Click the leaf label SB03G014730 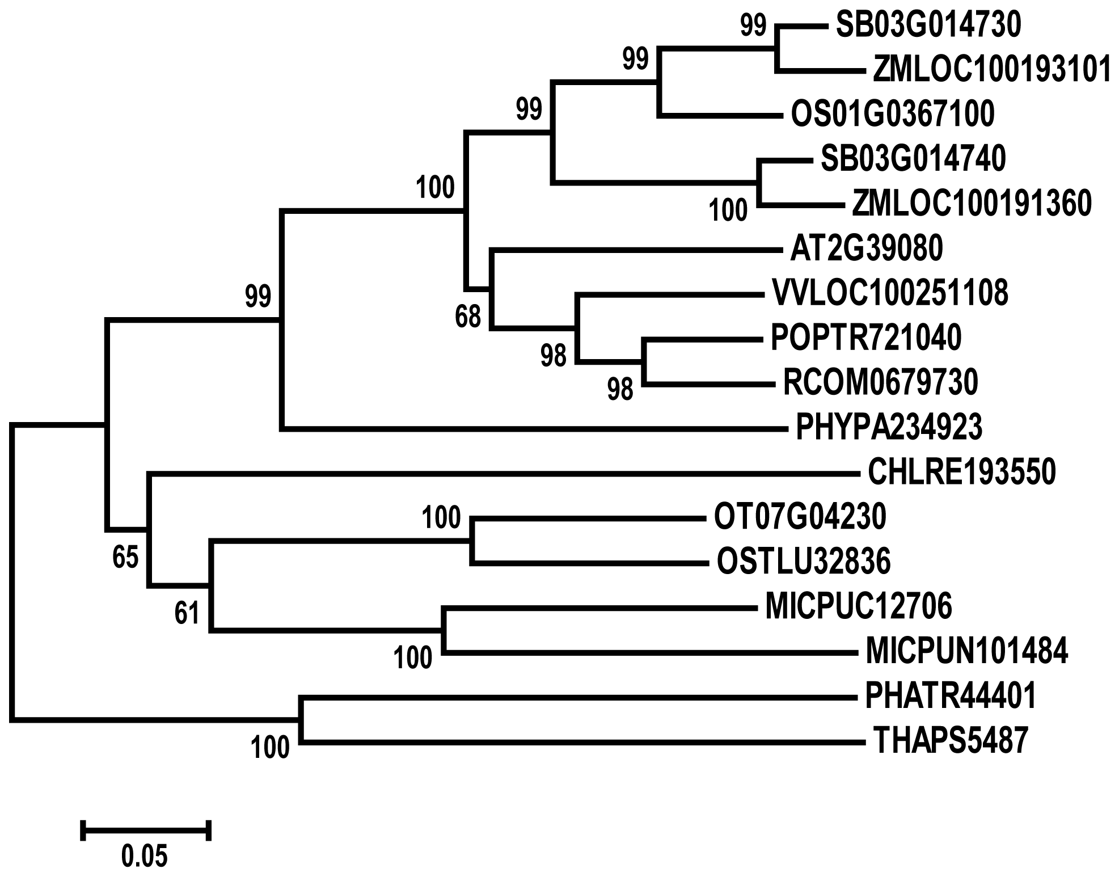pyautogui.click(x=928, y=26)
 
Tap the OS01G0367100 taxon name pyautogui.click(x=893, y=115)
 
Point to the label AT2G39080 pyautogui.click(x=866, y=248)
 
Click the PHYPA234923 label pyautogui.click(x=889, y=428)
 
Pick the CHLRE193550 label pyautogui.click(x=962, y=472)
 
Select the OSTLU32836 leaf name pyautogui.click(x=804, y=562)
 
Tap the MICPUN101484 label pyautogui.click(x=967, y=651)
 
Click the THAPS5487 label pyautogui.click(x=951, y=741)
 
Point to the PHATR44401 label pyautogui.click(x=951, y=696)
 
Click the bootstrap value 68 pyautogui.click(x=468, y=317)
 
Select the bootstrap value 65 pyautogui.click(x=125, y=558)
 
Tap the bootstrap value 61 pyautogui.click(x=187, y=613)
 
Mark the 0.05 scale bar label pyautogui.click(x=145, y=856)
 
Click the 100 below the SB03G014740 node pyautogui.click(x=728, y=210)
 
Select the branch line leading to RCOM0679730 pyautogui.click(x=710, y=384)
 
